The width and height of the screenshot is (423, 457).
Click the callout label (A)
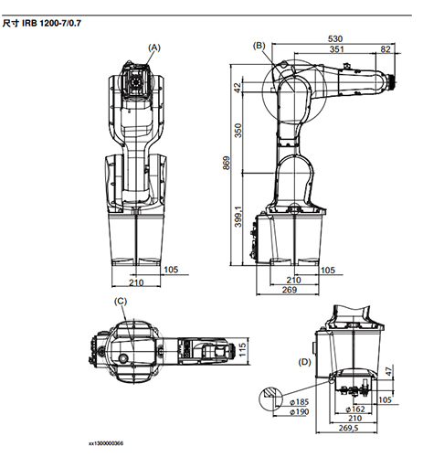point(154,46)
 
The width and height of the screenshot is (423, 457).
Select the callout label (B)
point(259,45)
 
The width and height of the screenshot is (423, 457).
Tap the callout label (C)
point(120,301)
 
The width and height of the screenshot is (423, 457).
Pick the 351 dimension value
point(338,50)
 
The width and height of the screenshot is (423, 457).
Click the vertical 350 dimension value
point(239,130)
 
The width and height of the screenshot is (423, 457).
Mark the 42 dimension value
point(239,87)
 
